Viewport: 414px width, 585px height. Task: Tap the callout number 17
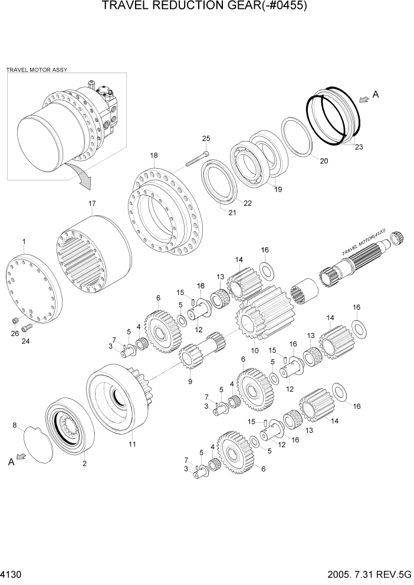(x=92, y=204)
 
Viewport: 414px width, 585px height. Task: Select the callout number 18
(x=153, y=156)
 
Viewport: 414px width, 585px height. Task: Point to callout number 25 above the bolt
(x=206, y=139)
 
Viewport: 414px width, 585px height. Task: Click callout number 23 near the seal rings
(x=359, y=148)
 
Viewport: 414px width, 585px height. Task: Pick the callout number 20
(x=324, y=160)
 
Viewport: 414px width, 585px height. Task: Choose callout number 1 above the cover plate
(x=24, y=242)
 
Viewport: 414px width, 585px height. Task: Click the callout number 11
(x=132, y=444)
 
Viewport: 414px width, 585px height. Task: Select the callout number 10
(x=255, y=350)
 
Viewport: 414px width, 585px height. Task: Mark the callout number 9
(x=190, y=382)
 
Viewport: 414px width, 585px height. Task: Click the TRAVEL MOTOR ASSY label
(x=37, y=70)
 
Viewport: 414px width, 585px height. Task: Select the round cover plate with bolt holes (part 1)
(x=32, y=286)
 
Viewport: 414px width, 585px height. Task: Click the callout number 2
(x=84, y=464)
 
